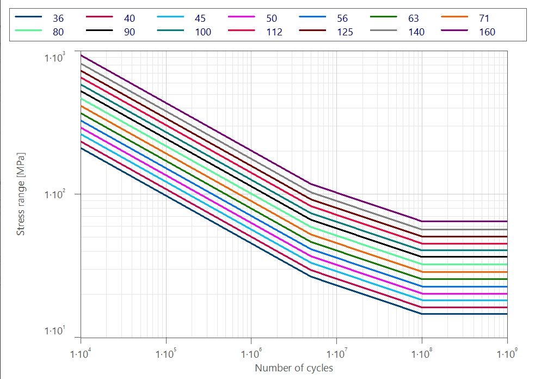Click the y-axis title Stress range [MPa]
point(21,194)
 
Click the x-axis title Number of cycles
point(294,368)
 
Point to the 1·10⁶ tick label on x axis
point(251,354)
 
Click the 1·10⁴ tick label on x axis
point(81,354)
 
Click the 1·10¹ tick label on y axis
point(54,331)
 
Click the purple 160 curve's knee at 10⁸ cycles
point(422,221)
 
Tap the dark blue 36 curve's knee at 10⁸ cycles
point(422,314)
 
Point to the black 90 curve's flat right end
point(506,256)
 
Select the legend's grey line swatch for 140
point(383,31)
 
